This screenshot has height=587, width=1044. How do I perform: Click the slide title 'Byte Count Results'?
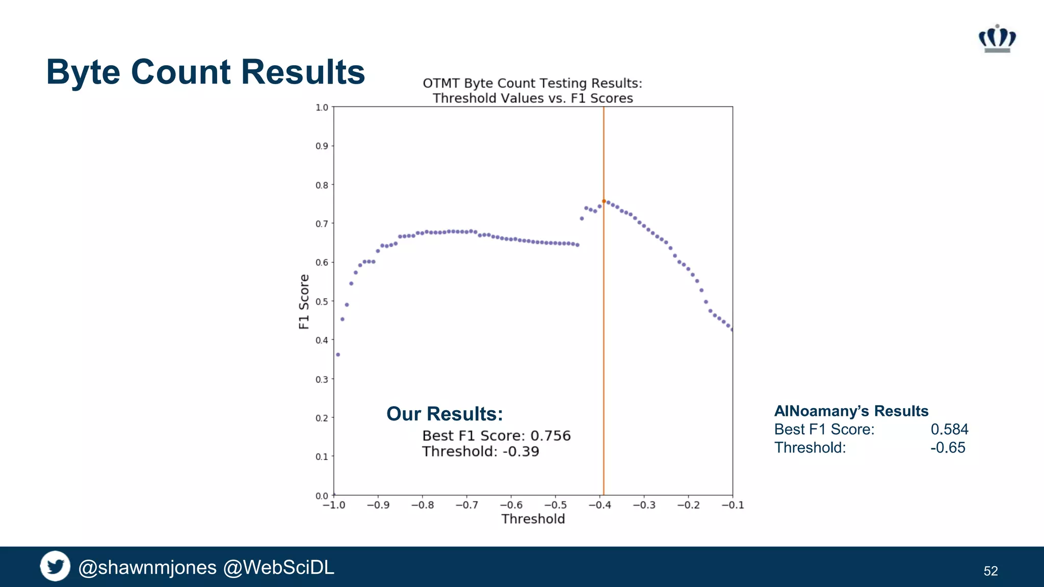[205, 72]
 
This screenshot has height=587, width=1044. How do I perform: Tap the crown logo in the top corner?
[997, 38]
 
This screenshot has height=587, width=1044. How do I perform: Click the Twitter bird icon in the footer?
[55, 566]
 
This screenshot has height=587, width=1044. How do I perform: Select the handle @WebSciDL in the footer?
[279, 567]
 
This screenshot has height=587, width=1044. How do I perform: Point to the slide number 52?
[990, 571]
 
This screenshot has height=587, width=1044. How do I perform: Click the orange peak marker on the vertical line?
[604, 201]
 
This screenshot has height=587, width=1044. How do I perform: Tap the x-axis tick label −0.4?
[599, 505]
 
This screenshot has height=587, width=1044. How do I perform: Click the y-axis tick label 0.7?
[322, 224]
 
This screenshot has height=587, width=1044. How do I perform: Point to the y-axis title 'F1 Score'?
[304, 302]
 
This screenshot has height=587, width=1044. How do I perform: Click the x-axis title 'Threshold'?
[533, 519]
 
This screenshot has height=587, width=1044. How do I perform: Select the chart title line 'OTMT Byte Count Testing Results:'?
[532, 83]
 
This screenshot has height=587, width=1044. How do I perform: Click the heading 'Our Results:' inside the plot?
[445, 414]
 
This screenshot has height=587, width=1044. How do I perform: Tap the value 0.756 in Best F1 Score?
[551, 436]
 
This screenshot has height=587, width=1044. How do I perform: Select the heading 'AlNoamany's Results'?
[851, 411]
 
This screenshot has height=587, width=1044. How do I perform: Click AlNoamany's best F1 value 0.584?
[949, 429]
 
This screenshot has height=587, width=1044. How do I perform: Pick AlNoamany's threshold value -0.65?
[948, 447]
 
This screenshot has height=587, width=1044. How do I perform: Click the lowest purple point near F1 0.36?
[338, 355]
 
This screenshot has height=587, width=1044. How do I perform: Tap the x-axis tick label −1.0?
[334, 505]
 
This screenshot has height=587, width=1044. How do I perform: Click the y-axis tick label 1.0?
[322, 108]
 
